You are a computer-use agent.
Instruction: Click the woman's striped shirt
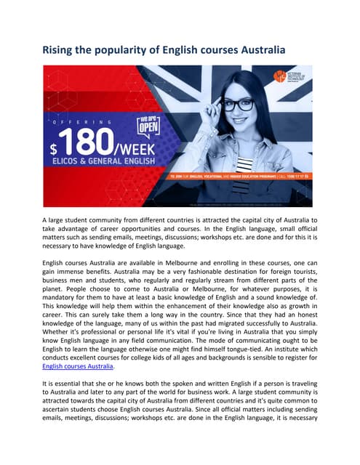245,164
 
